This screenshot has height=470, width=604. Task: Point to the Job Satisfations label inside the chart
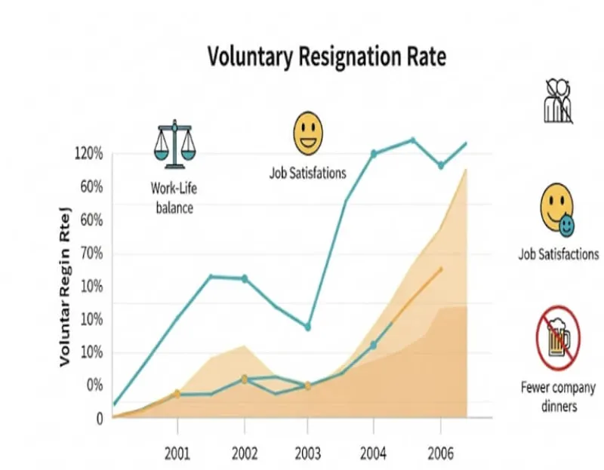pyautogui.click(x=307, y=173)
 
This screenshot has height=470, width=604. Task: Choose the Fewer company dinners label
pyautogui.click(x=558, y=397)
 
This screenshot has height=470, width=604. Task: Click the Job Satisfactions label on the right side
pyautogui.click(x=558, y=254)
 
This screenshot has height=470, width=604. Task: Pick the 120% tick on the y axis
pyautogui.click(x=88, y=154)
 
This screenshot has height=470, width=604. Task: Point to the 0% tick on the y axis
pyautogui.click(x=93, y=385)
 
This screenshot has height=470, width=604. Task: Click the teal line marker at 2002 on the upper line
pyautogui.click(x=244, y=278)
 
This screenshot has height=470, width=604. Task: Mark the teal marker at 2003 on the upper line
pyautogui.click(x=307, y=327)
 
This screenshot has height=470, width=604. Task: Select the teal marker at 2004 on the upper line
pyautogui.click(x=373, y=154)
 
